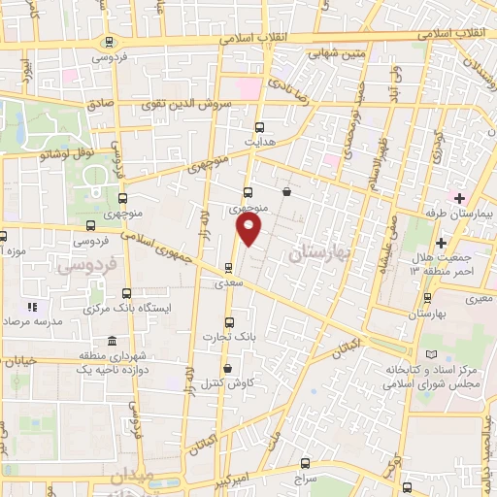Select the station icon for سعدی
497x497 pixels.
(229, 268)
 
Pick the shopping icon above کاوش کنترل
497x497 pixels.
(227, 368)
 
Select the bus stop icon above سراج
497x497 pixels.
(307, 463)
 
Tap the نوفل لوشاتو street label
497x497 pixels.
(65, 150)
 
